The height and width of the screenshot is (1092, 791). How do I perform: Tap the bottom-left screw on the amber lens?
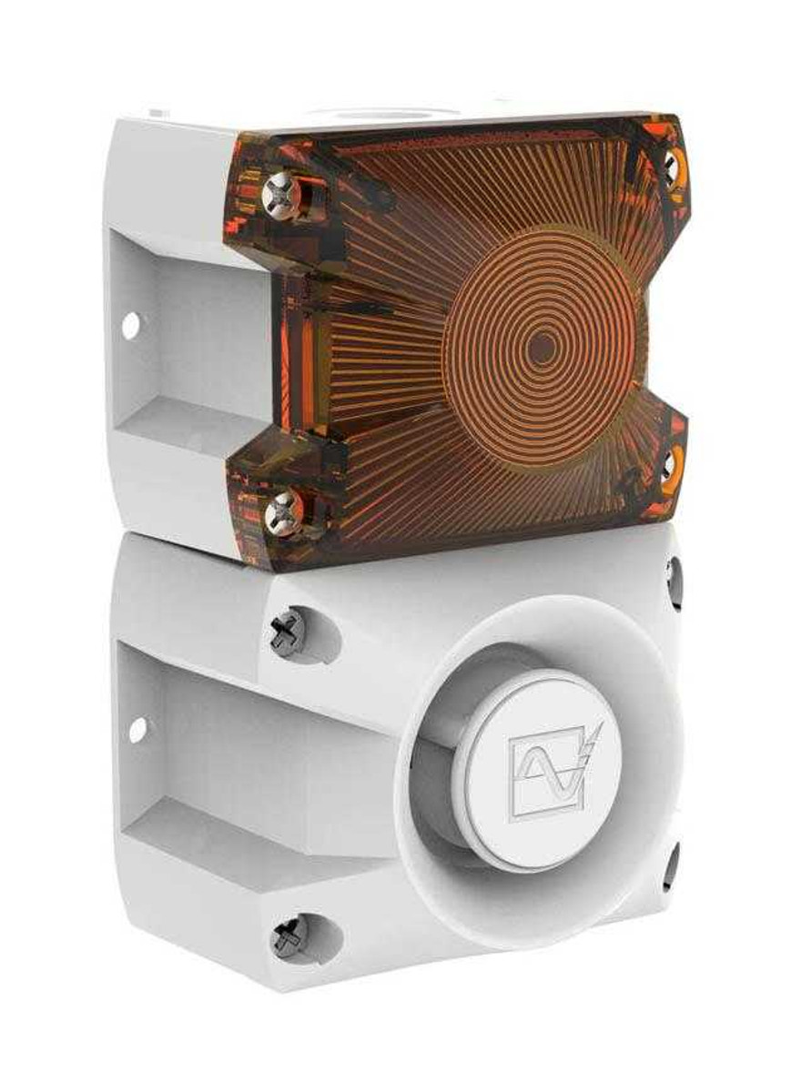(282, 513)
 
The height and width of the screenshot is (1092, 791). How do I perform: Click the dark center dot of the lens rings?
(543, 348)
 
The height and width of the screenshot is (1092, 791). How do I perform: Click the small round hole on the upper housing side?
(130, 324)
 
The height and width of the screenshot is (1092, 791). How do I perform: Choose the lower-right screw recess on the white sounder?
(673, 864)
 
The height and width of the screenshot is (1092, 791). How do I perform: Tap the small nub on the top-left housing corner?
(157, 114)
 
